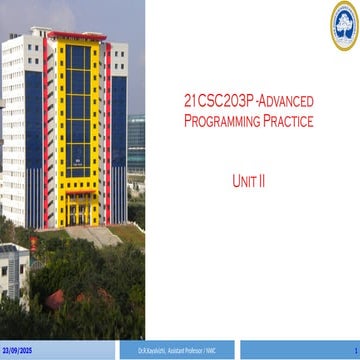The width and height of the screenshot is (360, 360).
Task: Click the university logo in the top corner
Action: click(x=343, y=24)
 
